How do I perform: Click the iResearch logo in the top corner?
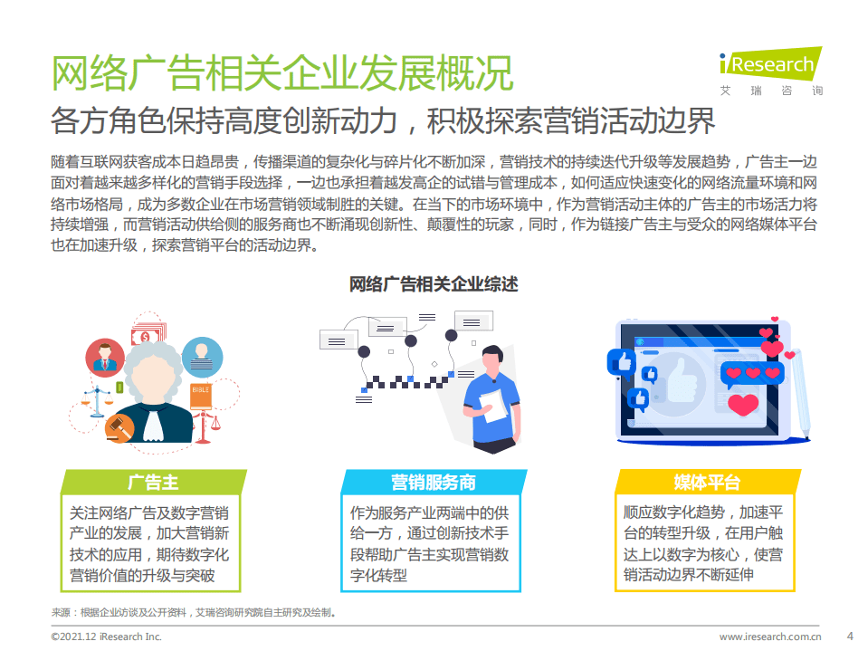point(771,71)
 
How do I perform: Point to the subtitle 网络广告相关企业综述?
point(434,284)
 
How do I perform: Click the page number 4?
point(849,635)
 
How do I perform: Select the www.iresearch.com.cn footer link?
point(769,637)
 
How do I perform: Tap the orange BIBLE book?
point(200,390)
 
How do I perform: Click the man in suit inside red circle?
point(103,358)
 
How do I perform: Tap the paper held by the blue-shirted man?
point(490,399)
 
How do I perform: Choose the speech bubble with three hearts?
point(751,372)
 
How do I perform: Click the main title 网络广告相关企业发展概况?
point(281,73)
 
